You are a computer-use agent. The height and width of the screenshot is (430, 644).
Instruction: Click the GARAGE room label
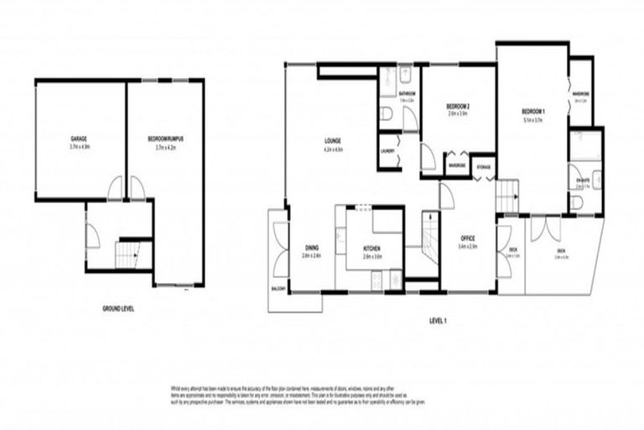click(x=80, y=138)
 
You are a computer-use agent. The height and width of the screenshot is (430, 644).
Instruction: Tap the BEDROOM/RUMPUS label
click(x=165, y=138)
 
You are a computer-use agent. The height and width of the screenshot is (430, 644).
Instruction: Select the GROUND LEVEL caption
click(x=118, y=309)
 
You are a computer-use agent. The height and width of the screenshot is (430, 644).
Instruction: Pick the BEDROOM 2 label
click(x=457, y=106)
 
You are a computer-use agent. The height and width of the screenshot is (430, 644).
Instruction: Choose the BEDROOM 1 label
click(x=533, y=112)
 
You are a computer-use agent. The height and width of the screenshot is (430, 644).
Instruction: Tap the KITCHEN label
click(x=373, y=249)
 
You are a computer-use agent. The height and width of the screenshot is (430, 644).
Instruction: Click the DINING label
click(x=311, y=248)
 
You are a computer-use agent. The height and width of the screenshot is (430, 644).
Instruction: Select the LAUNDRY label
click(x=387, y=151)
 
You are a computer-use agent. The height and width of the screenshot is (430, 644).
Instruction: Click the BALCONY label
click(x=278, y=289)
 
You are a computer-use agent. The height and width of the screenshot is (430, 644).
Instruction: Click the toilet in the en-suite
click(x=575, y=202)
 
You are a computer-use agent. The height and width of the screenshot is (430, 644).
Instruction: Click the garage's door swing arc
click(x=115, y=190)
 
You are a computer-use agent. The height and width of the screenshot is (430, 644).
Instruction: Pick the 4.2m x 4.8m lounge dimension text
click(x=333, y=149)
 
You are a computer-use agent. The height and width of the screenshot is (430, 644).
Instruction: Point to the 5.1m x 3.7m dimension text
click(x=533, y=120)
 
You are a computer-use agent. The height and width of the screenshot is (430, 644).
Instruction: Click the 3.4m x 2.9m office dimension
click(x=467, y=248)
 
